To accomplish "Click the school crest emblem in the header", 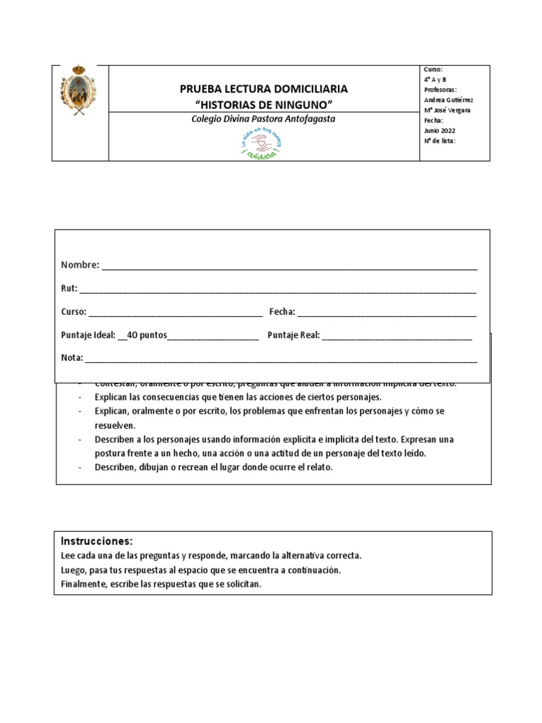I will point(79,90).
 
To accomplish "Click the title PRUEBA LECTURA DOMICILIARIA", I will point(263,89).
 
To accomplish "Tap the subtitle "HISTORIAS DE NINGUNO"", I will point(263,104).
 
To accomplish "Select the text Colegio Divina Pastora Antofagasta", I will point(263,119).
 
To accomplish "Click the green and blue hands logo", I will point(261,144).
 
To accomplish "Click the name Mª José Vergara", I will point(447,110).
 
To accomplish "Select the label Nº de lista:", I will point(439,141).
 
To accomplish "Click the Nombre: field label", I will point(80,265).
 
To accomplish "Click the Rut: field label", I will point(69,288).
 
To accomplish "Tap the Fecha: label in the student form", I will point(282,311).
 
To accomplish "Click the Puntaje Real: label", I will point(294,335).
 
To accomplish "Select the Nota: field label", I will point(72,357).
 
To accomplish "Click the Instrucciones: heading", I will point(97,542).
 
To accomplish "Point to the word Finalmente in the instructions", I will point(83,583).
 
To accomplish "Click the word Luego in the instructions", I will point(73,570).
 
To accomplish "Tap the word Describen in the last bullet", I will point(115,467).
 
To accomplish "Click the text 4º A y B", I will point(435,80).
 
